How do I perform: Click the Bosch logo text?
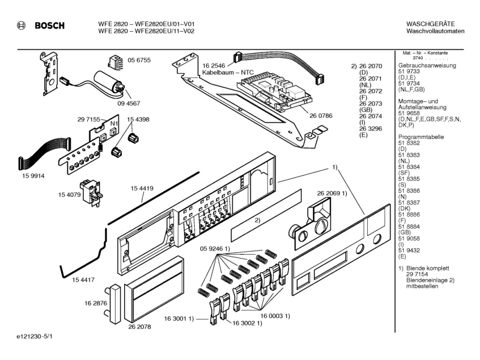pos(50,26)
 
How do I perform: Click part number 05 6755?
pos(139,60)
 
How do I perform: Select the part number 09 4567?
pos(129,104)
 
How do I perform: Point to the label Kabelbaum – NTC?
pos(228,73)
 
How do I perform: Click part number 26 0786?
pos(321,116)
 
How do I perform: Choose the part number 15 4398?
pos(138,120)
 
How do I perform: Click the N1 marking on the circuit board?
pos(114,124)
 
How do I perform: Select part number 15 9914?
pos(33,176)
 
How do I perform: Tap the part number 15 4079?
pos(69,194)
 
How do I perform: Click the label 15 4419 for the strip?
pos(142,189)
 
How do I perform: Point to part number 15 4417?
pos(83,280)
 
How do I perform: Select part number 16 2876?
pos(96,303)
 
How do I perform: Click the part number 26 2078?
pos(139,327)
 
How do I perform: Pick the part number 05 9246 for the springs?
pos(211,248)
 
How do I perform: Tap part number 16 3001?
pos(175,319)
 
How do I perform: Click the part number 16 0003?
pos(271,316)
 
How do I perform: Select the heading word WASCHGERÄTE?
pos(430,24)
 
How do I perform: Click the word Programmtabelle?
pos(421,137)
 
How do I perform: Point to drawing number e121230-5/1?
pos(35,336)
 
